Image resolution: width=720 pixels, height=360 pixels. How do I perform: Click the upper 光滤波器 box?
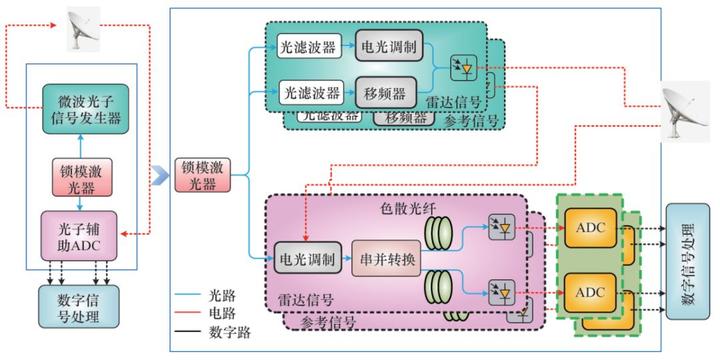310,47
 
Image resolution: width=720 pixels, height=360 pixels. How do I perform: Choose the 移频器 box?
384,93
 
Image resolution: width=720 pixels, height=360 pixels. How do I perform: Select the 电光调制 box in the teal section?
391,46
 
